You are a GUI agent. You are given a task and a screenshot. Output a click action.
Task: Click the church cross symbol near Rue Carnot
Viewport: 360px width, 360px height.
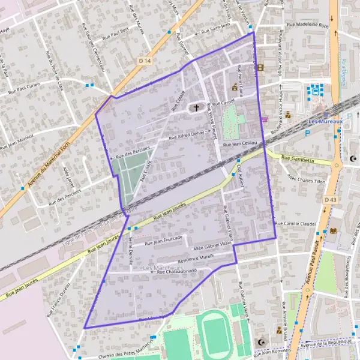click(x=196, y=108)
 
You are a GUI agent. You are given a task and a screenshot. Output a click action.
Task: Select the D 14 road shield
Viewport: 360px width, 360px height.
click(x=143, y=61)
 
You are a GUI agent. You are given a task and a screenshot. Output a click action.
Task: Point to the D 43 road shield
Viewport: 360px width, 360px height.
click(x=330, y=199)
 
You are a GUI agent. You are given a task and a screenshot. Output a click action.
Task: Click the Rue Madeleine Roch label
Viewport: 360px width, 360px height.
click(x=308, y=25)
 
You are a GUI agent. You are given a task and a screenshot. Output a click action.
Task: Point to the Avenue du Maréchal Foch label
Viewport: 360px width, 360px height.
click(x=24, y=174)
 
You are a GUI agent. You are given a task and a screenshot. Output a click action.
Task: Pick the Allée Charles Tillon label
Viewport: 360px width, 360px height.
click(x=307, y=178)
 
